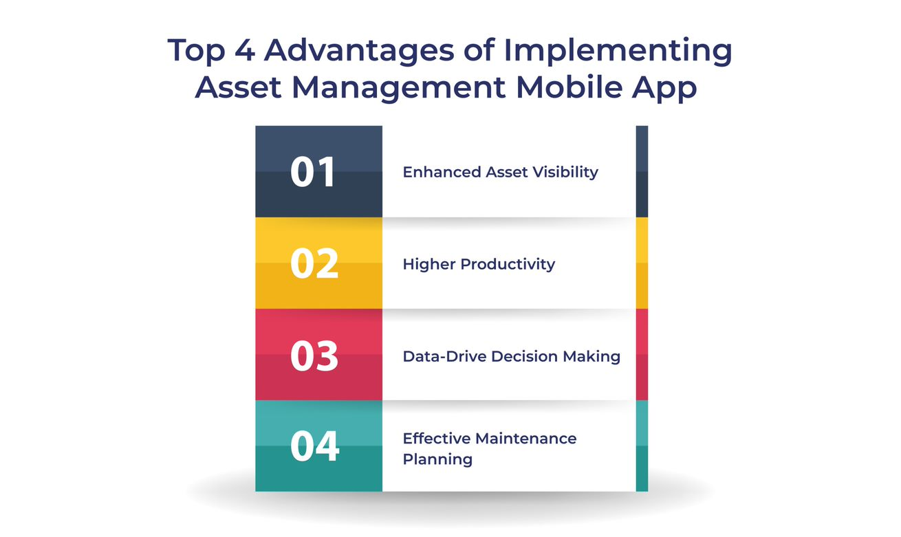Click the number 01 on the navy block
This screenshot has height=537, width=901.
313,172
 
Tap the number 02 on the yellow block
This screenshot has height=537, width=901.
314,264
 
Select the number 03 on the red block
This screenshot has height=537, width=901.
314,355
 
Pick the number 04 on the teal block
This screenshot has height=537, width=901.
314,446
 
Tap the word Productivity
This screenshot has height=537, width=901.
508,264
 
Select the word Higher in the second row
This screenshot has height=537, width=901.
429,264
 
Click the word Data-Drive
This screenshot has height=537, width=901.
444,356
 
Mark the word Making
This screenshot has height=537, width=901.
592,356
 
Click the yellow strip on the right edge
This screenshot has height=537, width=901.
642,263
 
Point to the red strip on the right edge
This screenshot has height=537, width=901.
642,355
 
